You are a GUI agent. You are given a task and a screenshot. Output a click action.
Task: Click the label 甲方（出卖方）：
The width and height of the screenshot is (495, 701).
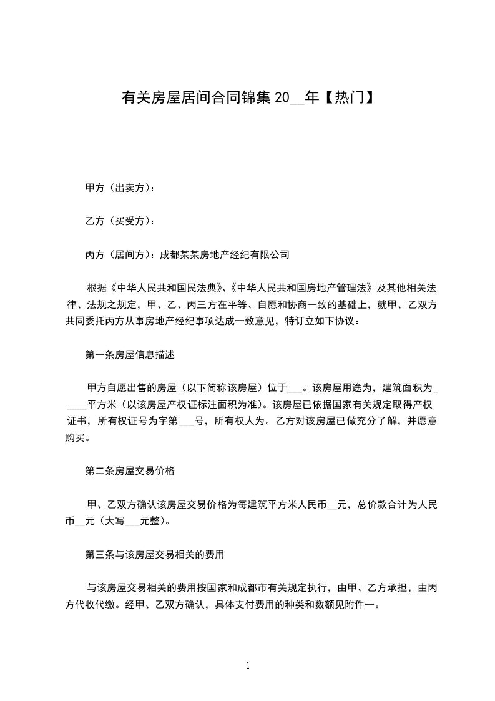[x=120, y=187]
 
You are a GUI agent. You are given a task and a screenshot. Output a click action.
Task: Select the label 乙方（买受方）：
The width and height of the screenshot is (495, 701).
[x=120, y=221]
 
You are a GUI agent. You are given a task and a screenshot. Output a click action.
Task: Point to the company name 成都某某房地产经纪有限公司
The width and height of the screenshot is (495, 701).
[x=225, y=254]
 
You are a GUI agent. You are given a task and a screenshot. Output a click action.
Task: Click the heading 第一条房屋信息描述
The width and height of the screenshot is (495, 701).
[x=129, y=354]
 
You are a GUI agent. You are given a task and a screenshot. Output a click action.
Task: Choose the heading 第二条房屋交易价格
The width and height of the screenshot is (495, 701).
[x=129, y=470]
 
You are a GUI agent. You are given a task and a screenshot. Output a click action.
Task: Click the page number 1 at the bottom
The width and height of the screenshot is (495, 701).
[x=248, y=665]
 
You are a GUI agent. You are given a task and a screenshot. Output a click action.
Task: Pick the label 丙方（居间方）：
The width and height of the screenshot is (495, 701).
[x=120, y=254]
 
